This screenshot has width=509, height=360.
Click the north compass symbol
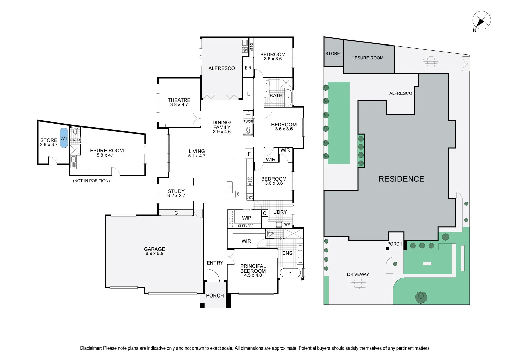coord(482,20)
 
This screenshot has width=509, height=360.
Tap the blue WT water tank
coord(64,138)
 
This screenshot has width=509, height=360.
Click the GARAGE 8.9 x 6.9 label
coord(154,251)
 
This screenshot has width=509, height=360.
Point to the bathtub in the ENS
coord(290,273)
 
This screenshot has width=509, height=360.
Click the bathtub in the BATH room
coord(288,97)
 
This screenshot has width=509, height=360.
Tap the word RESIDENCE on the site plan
coord(401,179)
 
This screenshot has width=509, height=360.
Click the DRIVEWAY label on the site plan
coord(358,274)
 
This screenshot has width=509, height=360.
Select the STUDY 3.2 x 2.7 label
coord(176,193)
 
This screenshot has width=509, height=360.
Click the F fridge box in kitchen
coord(249,154)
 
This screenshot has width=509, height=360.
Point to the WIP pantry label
coord(247,218)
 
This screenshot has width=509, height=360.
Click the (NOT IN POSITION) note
coord(91,181)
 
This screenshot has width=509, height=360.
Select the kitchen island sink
coord(230,187)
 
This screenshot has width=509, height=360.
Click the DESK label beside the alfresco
coord(251,47)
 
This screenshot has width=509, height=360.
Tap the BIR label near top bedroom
coord(248,68)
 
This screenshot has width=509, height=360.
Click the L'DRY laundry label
coord(280,212)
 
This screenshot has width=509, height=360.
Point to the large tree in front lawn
coord(421,297)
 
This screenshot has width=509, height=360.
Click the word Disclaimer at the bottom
coord(91,348)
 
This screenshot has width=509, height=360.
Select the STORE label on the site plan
coord(333,54)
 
